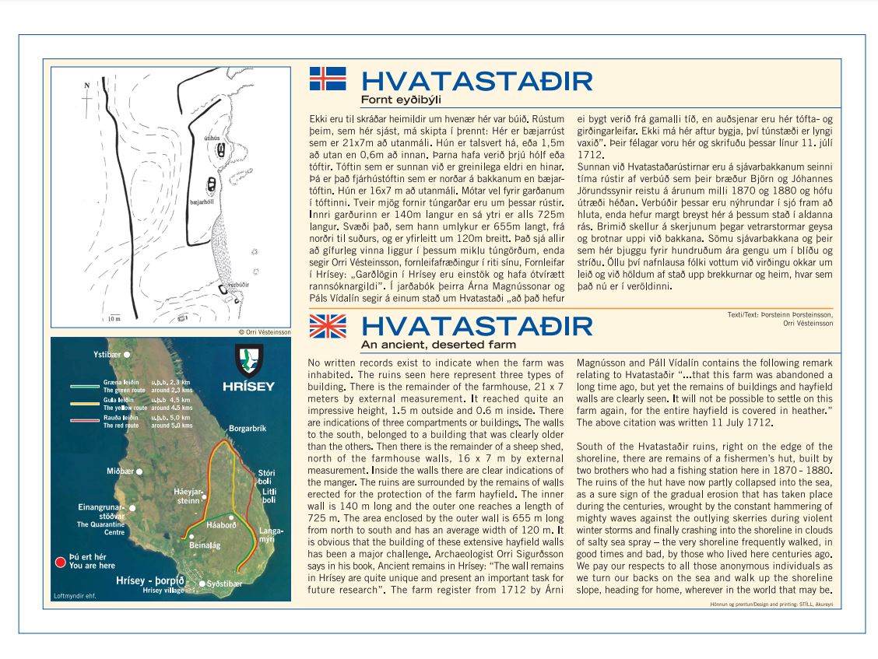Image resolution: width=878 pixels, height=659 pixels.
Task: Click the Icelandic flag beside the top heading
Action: point(327,79)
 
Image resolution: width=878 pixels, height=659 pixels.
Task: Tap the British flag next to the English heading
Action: point(327,326)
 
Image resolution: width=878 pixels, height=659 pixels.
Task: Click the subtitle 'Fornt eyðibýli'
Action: point(395,100)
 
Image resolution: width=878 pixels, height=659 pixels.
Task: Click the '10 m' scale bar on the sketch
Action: point(114,317)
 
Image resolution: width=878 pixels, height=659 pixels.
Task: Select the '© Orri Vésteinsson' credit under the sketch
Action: point(265,331)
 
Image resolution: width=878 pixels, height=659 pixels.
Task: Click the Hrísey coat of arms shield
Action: point(249,359)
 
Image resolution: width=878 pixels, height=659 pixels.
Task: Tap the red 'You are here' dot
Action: point(60,562)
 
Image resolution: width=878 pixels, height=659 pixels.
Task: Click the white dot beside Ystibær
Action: point(126,355)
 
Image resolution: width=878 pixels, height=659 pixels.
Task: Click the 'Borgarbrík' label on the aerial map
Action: point(248,429)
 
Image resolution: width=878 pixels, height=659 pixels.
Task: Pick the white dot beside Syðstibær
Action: point(202,584)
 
